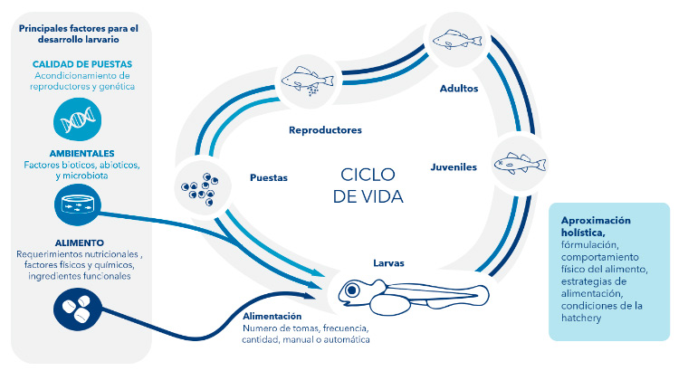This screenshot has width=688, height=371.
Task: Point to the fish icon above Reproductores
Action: point(305,79)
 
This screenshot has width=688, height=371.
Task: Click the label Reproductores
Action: point(325,130)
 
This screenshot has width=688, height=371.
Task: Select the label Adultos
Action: point(459,88)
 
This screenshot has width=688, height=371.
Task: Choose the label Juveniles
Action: point(452,166)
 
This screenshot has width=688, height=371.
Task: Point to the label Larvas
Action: point(388,263)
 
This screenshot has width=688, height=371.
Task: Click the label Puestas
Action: point(269,178)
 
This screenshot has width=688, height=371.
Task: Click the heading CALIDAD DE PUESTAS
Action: point(82,64)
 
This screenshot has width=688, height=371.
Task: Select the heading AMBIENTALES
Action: point(82,153)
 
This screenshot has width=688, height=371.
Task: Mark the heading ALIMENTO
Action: point(79,243)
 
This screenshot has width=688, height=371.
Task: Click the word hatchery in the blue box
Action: point(583,317)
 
